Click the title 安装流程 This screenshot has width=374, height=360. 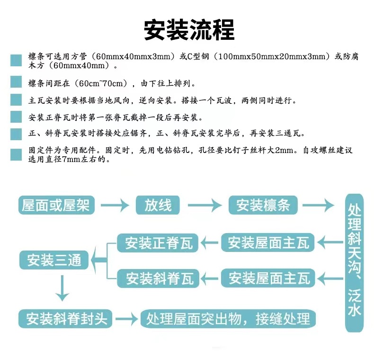click(189, 30)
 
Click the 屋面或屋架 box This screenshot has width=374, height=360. click(56, 205)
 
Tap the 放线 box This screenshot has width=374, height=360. click(158, 205)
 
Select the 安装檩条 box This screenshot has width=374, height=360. click(263, 205)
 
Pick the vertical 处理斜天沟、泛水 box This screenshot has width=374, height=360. click(355, 263)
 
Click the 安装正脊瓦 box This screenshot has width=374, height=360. click(158, 243)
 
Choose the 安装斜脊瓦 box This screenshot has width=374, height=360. click(158, 279)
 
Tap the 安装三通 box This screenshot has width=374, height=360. click(54, 260)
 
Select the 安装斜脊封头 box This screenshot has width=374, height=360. click(65, 319)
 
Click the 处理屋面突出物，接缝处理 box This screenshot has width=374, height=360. click(228, 319)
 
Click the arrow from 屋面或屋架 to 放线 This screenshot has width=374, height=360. click(115, 205)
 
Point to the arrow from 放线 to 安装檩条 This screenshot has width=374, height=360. click(205, 205)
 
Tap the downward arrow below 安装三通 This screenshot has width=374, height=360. click(62, 288)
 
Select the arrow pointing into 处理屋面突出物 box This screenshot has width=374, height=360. click(127, 319)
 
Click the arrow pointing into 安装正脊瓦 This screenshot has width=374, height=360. click(209, 243)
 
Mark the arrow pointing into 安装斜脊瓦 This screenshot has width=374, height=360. click(209, 279)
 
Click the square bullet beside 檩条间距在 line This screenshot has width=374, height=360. click(16, 81)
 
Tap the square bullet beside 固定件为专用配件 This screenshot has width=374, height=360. click(16, 155)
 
